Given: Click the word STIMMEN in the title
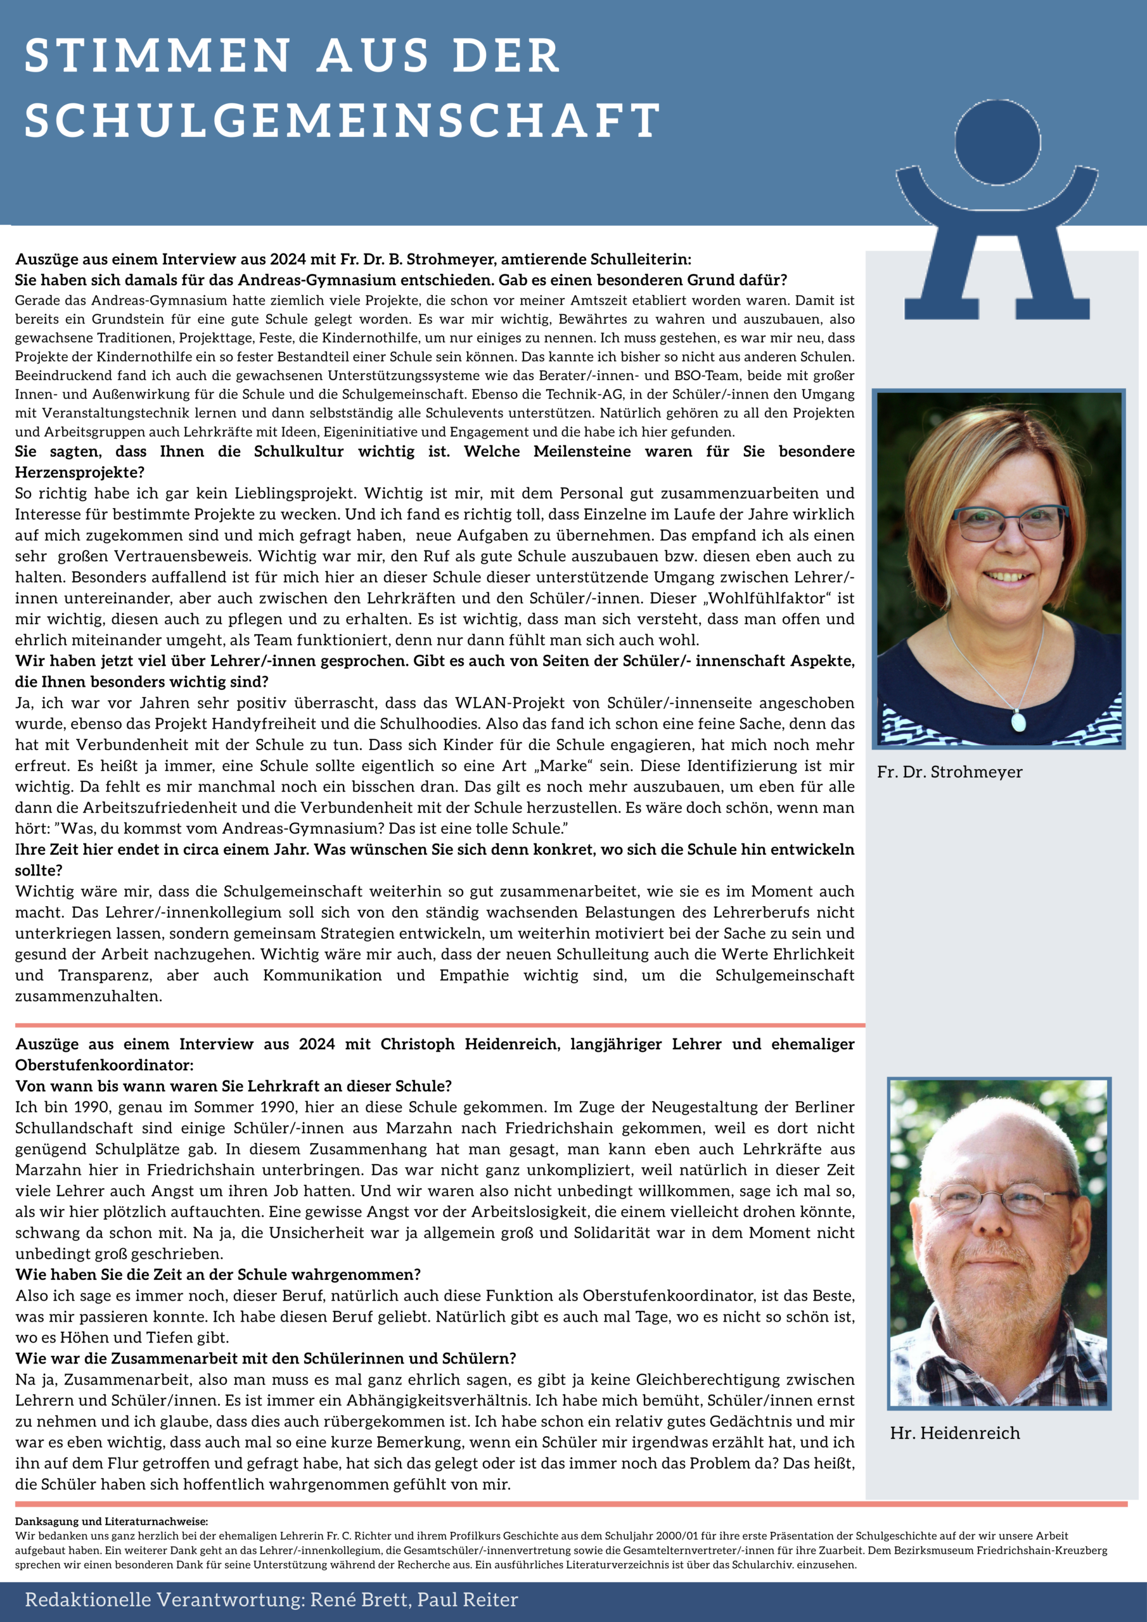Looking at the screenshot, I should [x=158, y=56].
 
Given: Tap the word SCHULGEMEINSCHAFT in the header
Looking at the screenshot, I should [x=342, y=120].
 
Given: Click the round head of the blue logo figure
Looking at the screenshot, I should [x=997, y=142].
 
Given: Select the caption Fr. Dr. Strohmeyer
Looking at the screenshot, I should [x=949, y=772].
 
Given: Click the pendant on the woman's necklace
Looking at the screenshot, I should [x=1018, y=721].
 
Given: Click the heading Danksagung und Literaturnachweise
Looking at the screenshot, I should [x=111, y=1522].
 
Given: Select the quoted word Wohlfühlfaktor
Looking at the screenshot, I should [x=769, y=598].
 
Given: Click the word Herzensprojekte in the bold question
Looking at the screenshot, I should [x=80, y=472].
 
